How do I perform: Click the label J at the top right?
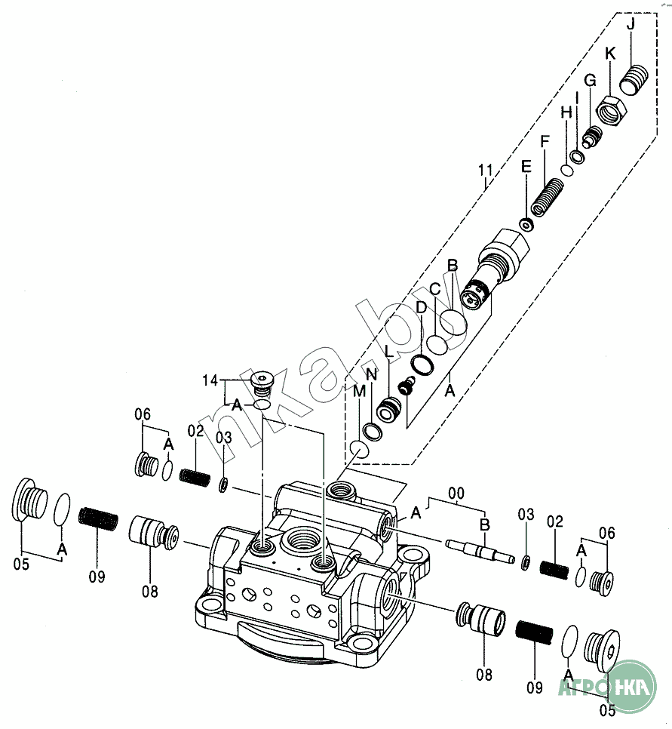[x=631, y=25]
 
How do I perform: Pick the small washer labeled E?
[x=527, y=224]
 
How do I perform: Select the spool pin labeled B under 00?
[x=478, y=550]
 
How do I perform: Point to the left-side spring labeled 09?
[x=99, y=519]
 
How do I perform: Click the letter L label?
[x=388, y=351]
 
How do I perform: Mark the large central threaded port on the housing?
[x=296, y=543]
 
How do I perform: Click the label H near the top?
[x=566, y=112]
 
